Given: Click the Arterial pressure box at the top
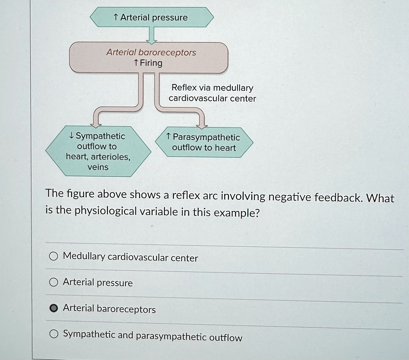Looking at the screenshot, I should point(152,18).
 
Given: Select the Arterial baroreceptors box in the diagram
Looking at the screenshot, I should point(149,58).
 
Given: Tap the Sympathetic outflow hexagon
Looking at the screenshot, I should point(98,151).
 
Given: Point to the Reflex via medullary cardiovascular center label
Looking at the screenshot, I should point(212,93).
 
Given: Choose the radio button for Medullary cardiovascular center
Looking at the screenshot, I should point(54,257).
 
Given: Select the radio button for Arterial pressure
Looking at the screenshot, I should point(54,282).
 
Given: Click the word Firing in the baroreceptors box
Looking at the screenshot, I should point(151,63).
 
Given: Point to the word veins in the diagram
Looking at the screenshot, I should point(98,167).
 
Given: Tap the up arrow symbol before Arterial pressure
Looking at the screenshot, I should point(116,17).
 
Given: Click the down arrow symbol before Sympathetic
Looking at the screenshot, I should point(71,136).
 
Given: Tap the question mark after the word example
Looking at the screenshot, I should point(257,213).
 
